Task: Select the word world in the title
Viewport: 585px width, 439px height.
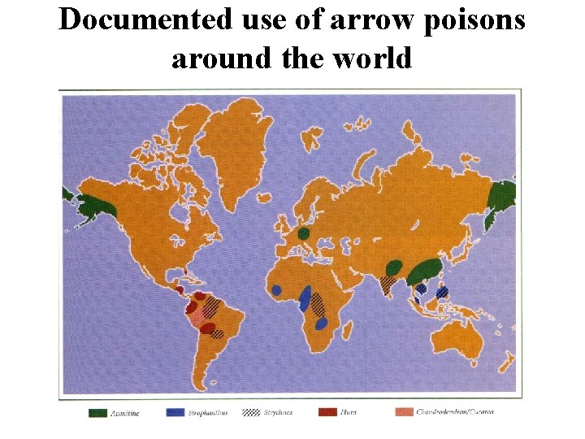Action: [x=370, y=59]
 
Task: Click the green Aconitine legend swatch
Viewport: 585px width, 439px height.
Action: [x=98, y=412]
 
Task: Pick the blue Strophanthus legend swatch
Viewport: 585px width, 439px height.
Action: [x=175, y=412]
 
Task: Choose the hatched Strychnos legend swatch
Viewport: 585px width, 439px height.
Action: [x=251, y=412]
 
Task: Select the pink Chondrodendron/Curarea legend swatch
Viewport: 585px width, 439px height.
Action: [x=404, y=412]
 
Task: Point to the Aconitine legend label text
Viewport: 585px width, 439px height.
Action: [x=125, y=413]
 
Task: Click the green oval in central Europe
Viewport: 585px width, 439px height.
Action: [x=303, y=234]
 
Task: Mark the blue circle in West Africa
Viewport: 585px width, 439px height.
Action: [x=276, y=290]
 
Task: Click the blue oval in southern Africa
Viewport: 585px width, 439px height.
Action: [x=321, y=324]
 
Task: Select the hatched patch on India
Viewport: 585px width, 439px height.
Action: [x=389, y=284]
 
